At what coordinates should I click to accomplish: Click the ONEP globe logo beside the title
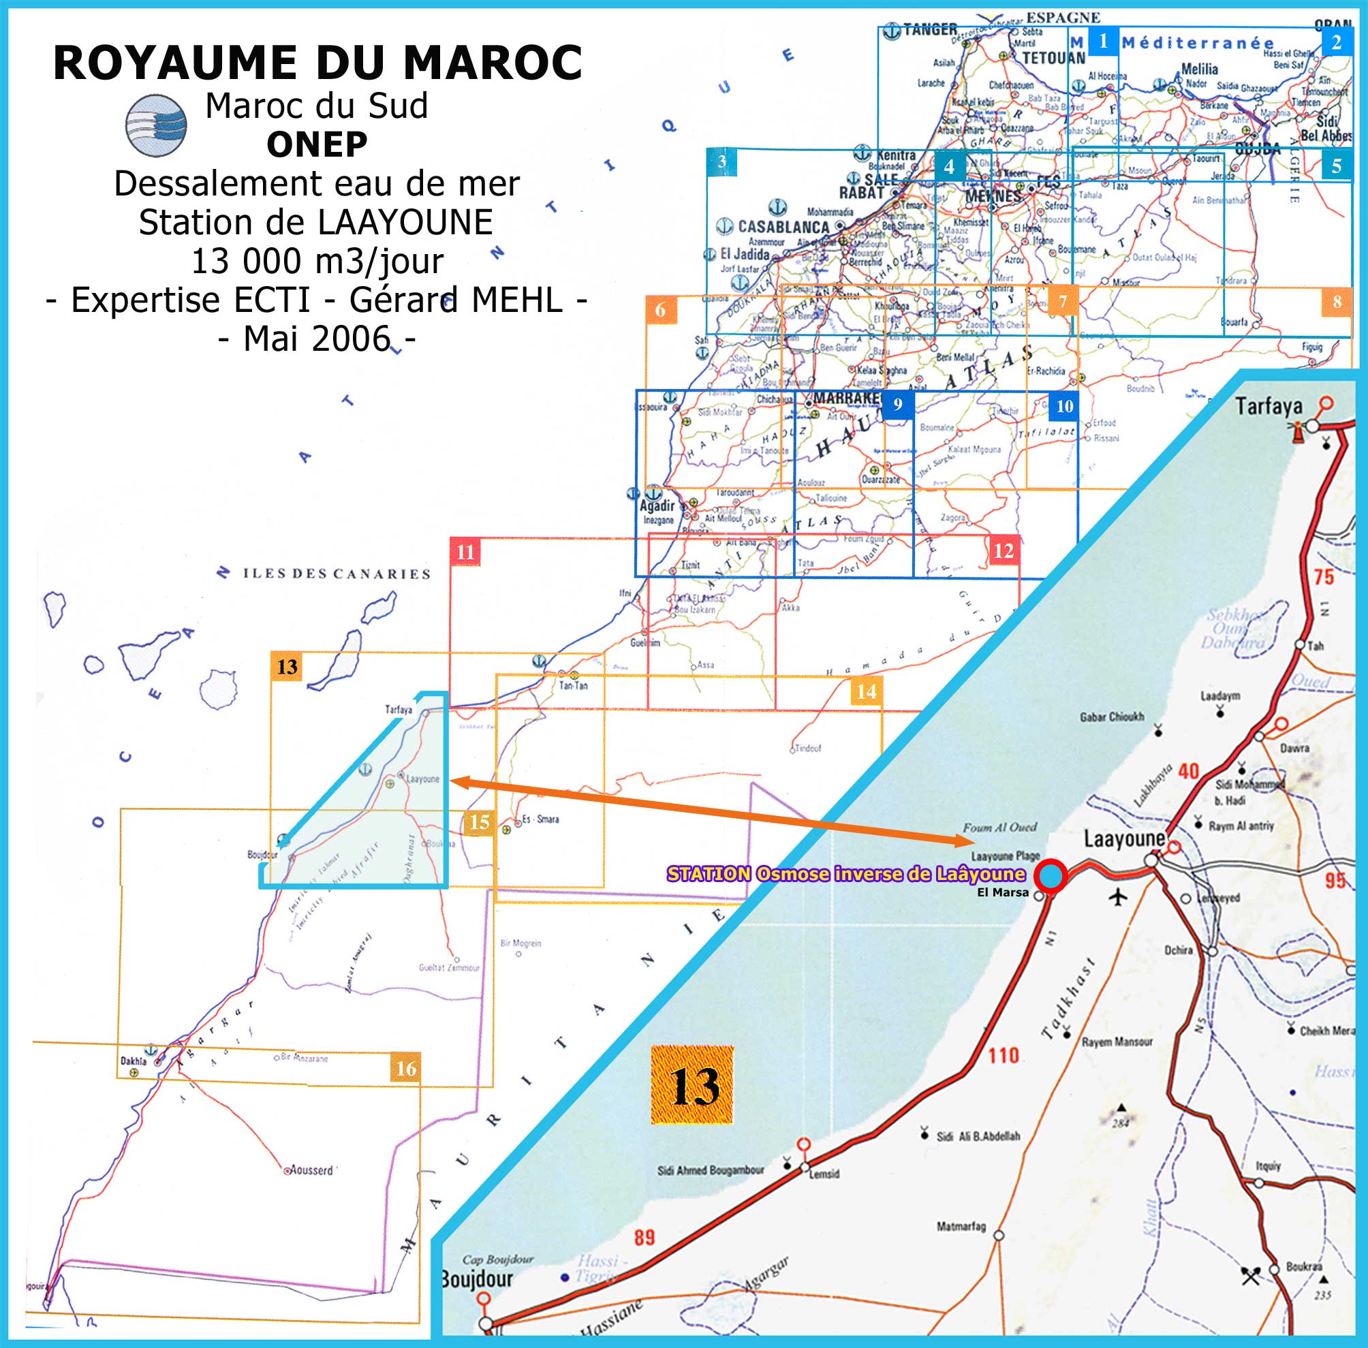(x=156, y=125)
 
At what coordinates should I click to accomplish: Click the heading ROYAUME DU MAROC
(x=317, y=63)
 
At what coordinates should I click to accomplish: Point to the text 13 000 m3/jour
(x=317, y=262)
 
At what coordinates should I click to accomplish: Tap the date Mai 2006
(x=317, y=339)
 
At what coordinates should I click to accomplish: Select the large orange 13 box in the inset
(x=691, y=1085)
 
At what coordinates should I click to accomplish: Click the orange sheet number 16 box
(x=405, y=1067)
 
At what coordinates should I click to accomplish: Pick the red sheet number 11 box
(x=465, y=552)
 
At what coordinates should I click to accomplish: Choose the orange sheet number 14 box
(x=866, y=691)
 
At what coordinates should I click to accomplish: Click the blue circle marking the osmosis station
(x=1051, y=875)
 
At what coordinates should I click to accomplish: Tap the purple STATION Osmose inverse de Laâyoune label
(x=846, y=875)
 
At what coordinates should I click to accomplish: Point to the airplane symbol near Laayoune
(x=1118, y=897)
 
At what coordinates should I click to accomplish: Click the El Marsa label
(x=1003, y=893)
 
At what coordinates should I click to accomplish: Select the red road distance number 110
(x=1004, y=1056)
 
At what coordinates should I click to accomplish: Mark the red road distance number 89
(x=644, y=1238)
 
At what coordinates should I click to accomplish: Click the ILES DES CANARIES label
(x=337, y=574)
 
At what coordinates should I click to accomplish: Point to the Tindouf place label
(x=808, y=748)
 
